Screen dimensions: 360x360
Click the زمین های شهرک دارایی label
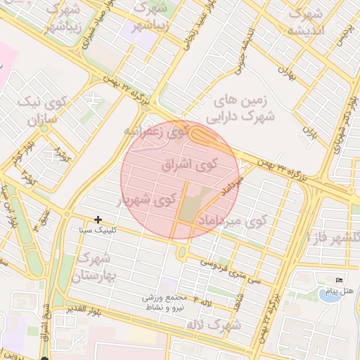[x=239, y=110]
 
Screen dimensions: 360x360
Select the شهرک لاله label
[x=215, y=325]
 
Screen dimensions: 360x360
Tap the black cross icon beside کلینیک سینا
[x=98, y=220]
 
